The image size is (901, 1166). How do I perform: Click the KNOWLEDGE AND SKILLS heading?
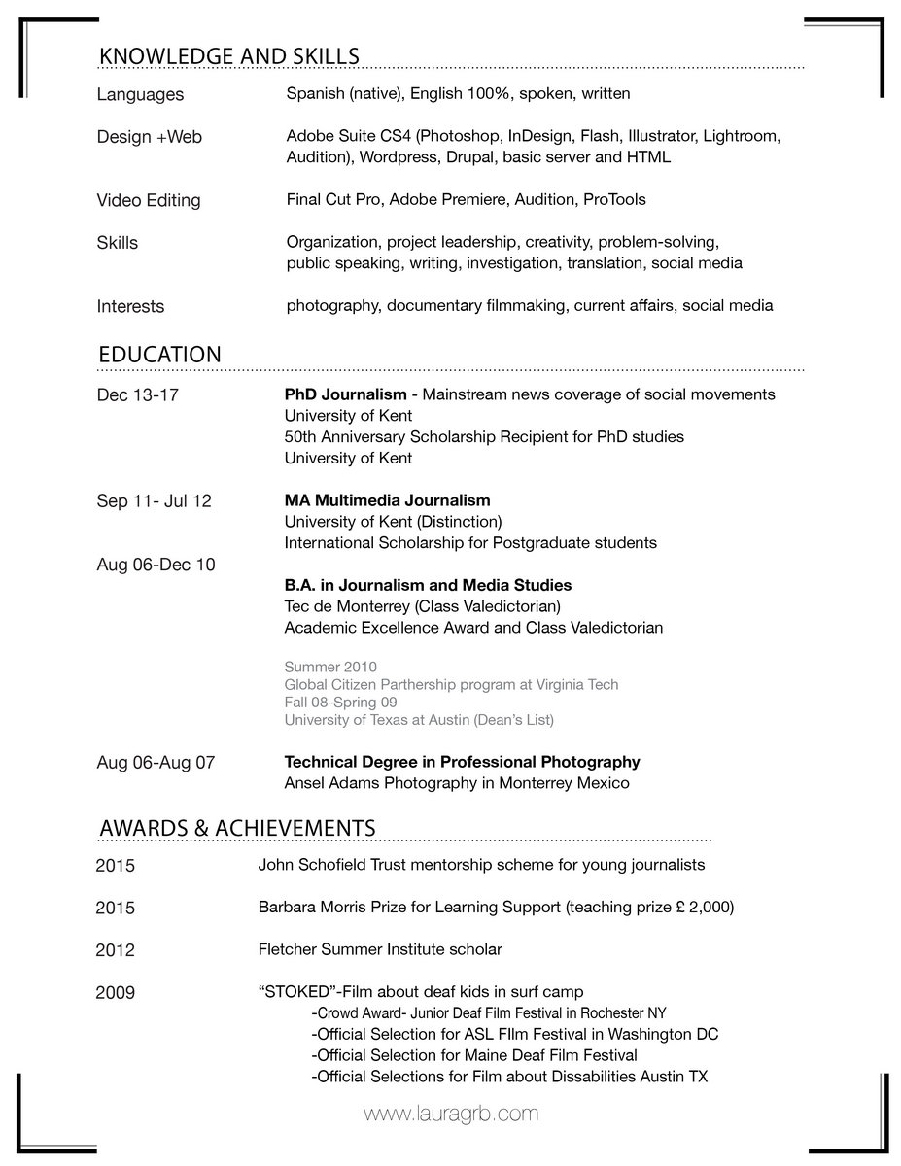[229, 57]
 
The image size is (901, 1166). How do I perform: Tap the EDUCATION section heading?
[159, 355]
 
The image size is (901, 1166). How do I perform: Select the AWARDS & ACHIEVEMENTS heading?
[237, 827]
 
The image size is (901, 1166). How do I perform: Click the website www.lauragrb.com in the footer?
[450, 1114]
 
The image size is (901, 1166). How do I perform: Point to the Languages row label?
[140, 95]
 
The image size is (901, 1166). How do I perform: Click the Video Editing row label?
[149, 201]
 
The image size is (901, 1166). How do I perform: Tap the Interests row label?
[130, 307]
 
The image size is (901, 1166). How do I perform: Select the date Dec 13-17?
[137, 395]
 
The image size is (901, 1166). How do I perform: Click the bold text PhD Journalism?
[345, 394]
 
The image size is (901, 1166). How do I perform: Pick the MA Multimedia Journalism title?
[387, 500]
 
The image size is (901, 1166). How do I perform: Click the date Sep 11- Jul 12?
[154, 501]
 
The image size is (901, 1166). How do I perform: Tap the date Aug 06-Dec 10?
[156, 565]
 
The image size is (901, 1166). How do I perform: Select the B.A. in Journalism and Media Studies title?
[428, 585]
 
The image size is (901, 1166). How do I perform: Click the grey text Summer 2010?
[330, 667]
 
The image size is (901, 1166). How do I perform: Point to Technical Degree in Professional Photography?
[462, 762]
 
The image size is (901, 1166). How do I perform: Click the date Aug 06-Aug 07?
[156, 763]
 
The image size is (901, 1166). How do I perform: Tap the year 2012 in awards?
[115, 950]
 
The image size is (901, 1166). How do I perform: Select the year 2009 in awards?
[115, 993]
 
